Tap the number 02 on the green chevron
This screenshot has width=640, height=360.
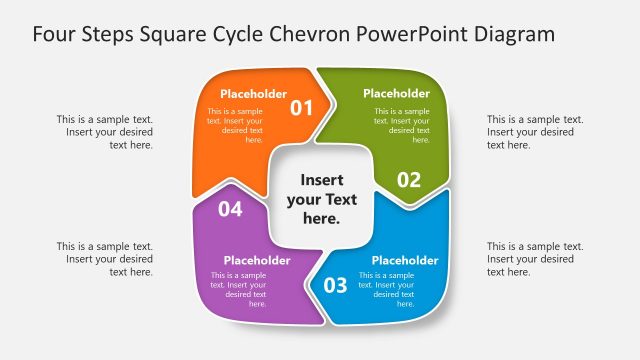[409, 180]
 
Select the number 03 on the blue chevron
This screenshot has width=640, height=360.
[335, 285]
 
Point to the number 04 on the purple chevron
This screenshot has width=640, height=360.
[230, 209]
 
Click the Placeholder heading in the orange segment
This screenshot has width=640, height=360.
[254, 94]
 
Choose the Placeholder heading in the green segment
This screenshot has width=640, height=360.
[396, 94]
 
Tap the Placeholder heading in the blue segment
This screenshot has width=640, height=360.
[405, 261]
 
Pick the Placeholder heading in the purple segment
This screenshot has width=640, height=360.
[257, 261]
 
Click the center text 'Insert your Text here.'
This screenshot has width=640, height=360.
[321, 198]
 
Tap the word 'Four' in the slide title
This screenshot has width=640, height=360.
[55, 34]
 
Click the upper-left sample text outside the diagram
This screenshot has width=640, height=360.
[105, 132]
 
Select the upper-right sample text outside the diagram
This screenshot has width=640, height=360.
[535, 132]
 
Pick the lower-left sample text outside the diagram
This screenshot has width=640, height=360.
[105, 259]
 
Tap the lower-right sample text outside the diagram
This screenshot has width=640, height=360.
[535, 259]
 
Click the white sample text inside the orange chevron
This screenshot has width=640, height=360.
[236, 125]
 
